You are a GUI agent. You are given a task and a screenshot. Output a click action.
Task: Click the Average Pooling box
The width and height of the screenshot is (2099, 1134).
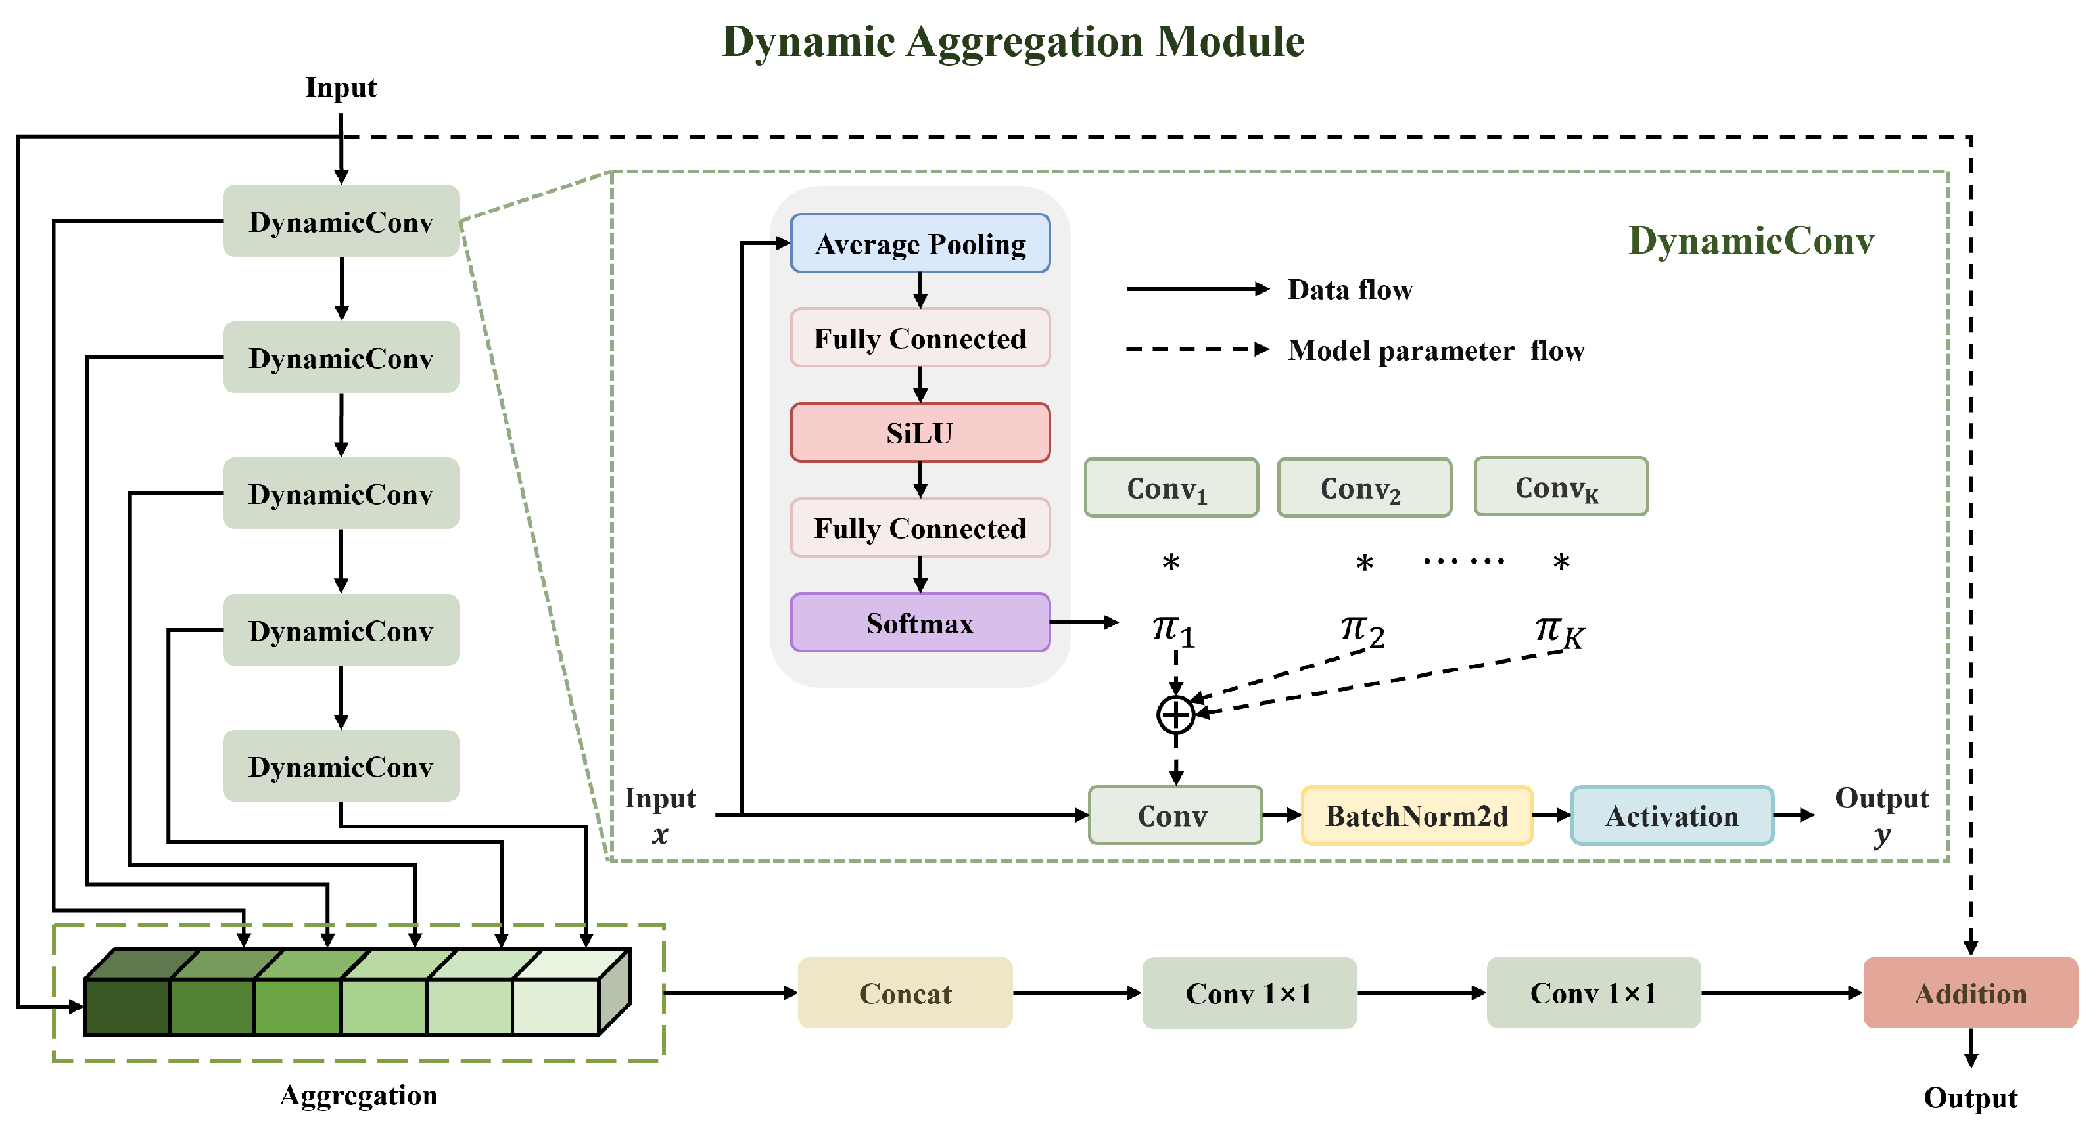[920, 244]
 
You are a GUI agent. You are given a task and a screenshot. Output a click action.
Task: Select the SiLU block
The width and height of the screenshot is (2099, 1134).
[920, 432]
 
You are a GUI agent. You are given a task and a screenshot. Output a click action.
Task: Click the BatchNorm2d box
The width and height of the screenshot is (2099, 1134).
[1417, 815]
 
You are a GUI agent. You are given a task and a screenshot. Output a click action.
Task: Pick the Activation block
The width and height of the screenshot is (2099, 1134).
[1671, 815]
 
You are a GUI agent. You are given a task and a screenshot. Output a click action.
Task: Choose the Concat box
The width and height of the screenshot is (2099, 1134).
[905, 993]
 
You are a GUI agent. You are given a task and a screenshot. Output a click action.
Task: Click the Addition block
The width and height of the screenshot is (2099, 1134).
[1970, 993]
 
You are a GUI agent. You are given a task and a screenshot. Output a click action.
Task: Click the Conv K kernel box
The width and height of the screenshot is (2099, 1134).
[1561, 487]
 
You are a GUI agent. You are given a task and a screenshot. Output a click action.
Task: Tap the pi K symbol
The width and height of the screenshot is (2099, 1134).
[1559, 631]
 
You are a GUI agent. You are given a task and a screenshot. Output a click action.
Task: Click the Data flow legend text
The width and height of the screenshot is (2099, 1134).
[1350, 290]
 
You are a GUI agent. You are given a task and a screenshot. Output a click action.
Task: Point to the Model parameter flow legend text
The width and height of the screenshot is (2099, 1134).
[1436, 351]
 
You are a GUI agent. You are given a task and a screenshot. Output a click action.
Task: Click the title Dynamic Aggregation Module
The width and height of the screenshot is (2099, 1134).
[1013, 41]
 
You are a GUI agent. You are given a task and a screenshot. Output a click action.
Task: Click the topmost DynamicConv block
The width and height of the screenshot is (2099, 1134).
[341, 221]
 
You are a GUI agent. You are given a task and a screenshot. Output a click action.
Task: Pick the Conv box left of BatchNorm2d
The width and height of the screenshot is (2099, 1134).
[1175, 815]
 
